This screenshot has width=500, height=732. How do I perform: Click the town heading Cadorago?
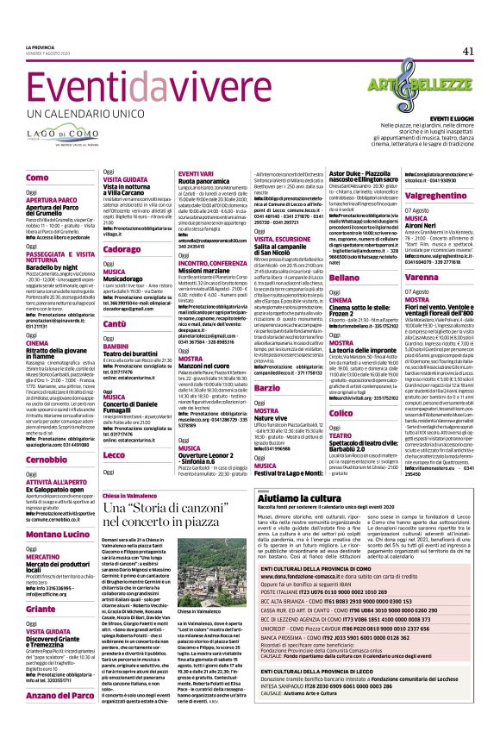[122, 248]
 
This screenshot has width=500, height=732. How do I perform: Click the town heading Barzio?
[266, 389]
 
